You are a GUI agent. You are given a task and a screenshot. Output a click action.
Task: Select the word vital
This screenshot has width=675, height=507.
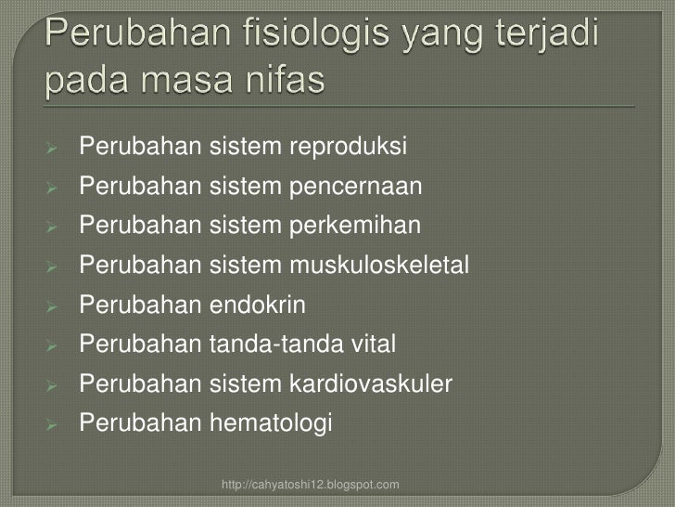click(x=372, y=345)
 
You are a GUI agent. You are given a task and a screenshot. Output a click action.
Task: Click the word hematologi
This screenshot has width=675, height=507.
click(x=270, y=424)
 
